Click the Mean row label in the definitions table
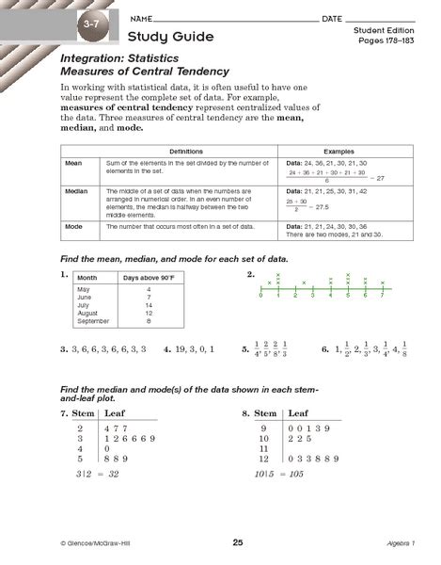pos(71,163)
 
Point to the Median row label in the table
pos(74,191)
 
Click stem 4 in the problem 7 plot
pos(80,448)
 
